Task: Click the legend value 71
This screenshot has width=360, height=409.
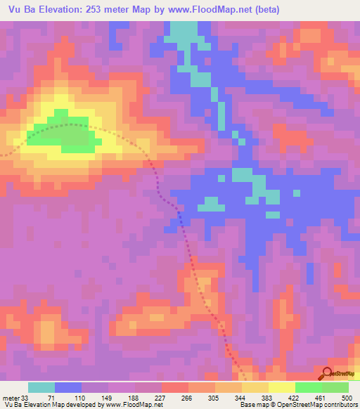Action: (50, 397)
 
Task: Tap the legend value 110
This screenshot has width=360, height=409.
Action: (77, 397)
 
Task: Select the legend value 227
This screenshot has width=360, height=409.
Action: (160, 397)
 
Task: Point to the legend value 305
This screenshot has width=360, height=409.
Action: (214, 397)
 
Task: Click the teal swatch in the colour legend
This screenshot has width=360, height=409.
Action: (41, 387)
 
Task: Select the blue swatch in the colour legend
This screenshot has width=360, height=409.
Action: (68, 387)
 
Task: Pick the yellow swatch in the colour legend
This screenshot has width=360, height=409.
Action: (282, 387)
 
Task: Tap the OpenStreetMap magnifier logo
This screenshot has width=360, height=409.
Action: (328, 374)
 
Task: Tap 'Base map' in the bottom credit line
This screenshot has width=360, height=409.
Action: (252, 405)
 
